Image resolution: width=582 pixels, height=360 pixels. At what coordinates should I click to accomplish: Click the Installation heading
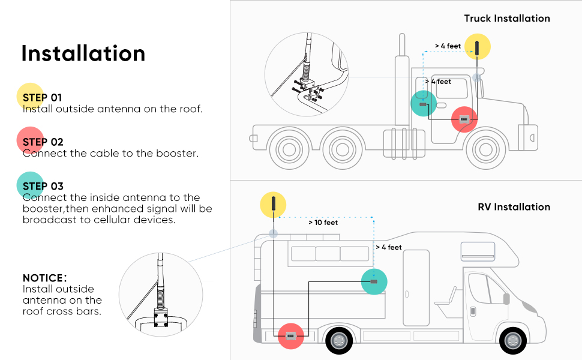(x=83, y=53)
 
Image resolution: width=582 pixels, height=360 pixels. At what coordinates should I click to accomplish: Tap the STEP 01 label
(x=42, y=97)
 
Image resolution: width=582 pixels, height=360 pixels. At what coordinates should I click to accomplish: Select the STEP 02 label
(x=43, y=142)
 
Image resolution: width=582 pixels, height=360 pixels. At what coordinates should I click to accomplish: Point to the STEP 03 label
(x=43, y=186)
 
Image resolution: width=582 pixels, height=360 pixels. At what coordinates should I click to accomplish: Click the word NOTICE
(x=44, y=278)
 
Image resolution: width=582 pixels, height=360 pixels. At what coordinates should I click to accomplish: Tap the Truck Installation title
(x=507, y=19)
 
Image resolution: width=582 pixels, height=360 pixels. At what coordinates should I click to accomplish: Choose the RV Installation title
(x=514, y=207)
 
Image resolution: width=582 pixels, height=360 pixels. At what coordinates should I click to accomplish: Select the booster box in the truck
(x=464, y=119)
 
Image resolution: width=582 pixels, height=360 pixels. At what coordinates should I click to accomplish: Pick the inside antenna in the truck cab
(x=423, y=104)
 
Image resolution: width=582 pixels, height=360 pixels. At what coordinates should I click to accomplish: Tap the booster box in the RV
(x=291, y=337)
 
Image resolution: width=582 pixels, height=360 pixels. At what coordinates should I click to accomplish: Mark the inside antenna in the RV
(x=374, y=281)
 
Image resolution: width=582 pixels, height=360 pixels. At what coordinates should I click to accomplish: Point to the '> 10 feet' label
(x=323, y=223)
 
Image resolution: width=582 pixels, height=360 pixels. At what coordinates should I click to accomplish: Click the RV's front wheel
(x=513, y=341)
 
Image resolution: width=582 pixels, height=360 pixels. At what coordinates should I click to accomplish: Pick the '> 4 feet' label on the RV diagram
(x=389, y=247)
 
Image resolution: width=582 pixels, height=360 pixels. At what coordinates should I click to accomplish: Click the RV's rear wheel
(x=339, y=341)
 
